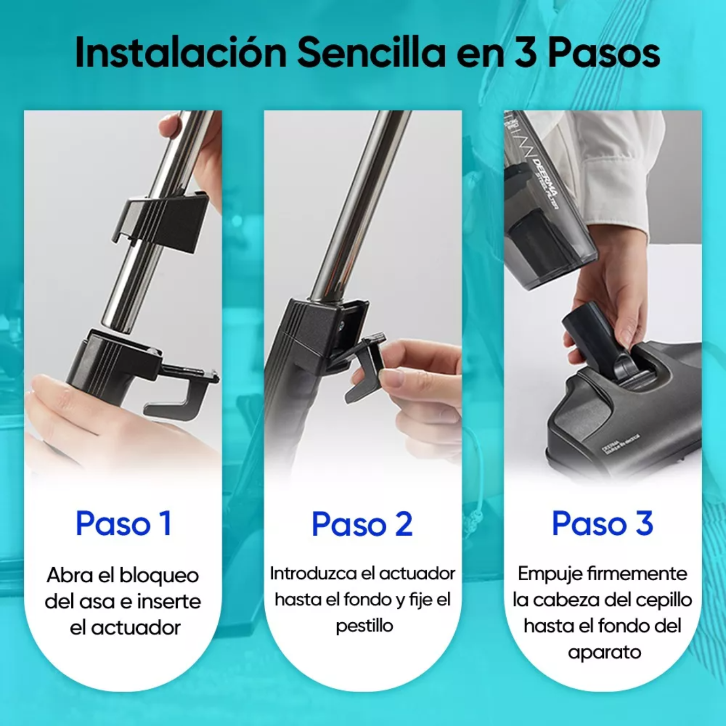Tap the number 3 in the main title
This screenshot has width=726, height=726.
click(x=525, y=52)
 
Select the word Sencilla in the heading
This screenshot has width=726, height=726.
click(x=371, y=52)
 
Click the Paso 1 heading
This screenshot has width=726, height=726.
click(x=123, y=523)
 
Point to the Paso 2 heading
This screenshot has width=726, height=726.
click(x=362, y=523)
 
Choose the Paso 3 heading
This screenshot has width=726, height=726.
click(x=602, y=523)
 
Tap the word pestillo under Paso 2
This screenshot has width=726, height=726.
click(x=365, y=626)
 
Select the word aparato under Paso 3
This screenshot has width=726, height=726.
click(x=604, y=652)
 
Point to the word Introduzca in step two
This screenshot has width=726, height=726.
click(x=306, y=574)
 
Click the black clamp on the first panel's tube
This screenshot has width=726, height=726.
click(x=162, y=221)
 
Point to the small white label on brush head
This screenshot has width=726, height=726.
click(x=613, y=448)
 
